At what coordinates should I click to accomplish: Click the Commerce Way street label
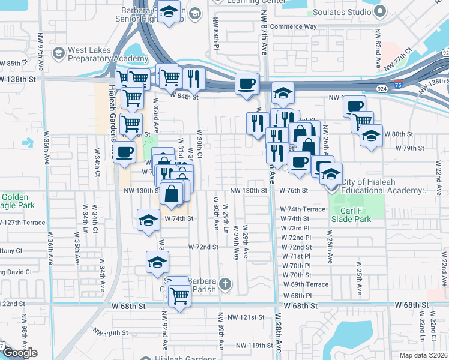(x=293, y=27)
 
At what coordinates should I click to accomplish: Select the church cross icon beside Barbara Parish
(x=225, y=283)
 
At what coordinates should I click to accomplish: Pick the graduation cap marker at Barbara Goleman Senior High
(x=170, y=13)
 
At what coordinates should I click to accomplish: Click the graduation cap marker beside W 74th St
(x=148, y=220)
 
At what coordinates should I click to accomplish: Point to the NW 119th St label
(x=254, y=345)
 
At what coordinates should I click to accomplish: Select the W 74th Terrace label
(x=303, y=209)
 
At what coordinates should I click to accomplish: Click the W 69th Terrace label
(x=306, y=284)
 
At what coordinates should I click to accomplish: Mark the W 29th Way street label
(x=235, y=243)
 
